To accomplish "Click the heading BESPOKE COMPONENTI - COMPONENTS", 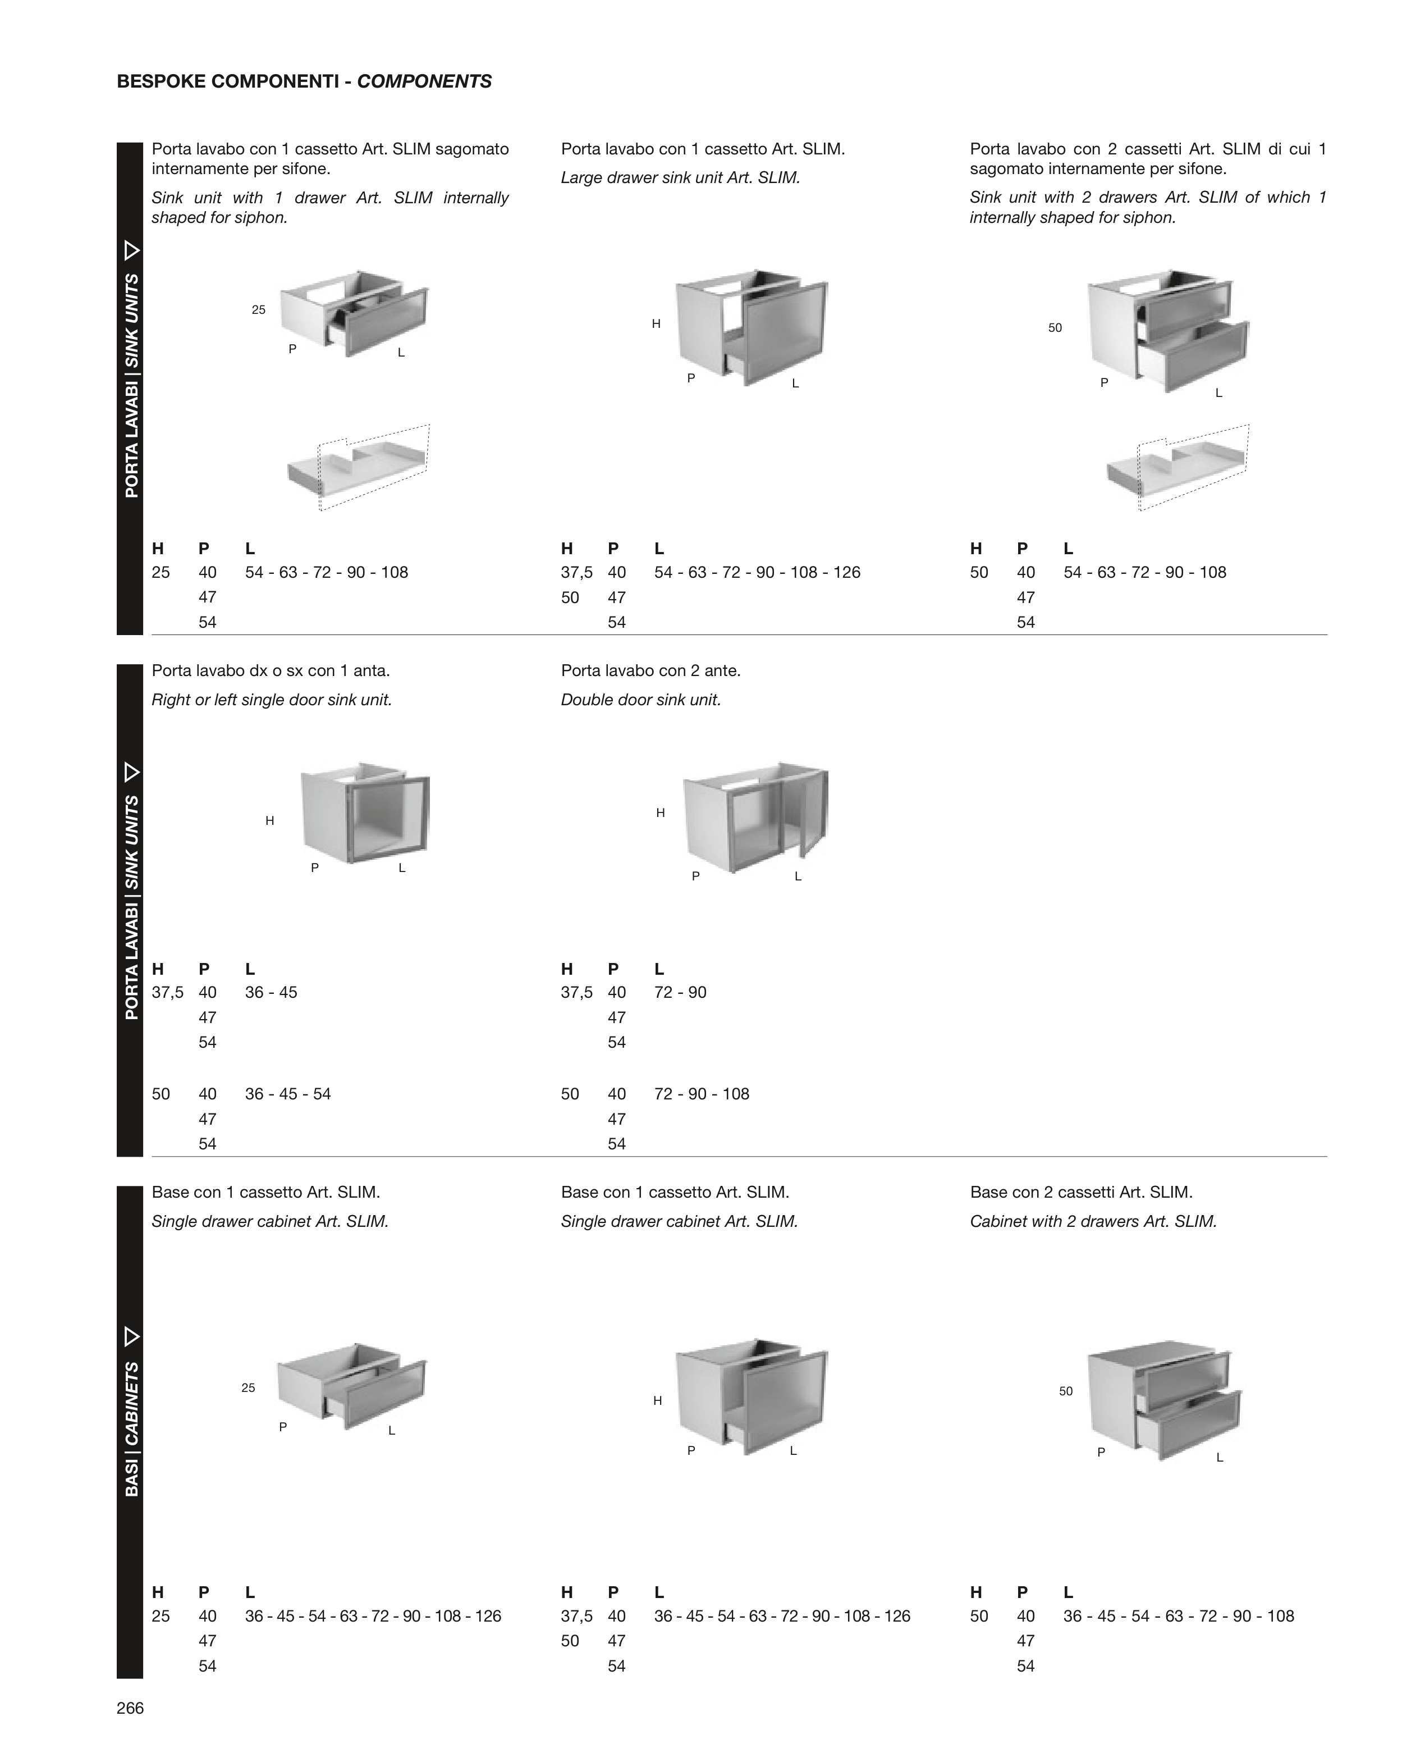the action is click(304, 81).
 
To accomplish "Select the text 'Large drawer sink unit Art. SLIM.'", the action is click(680, 178).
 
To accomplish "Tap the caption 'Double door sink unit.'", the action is click(640, 700).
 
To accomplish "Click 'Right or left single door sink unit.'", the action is click(272, 700).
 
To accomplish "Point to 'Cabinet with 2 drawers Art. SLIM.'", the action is click(1093, 1221).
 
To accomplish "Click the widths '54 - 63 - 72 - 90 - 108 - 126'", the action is click(757, 572).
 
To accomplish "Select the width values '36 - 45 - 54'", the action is click(288, 1094).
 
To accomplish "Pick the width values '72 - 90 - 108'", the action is click(702, 1094).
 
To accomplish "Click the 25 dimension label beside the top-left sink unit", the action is click(259, 310).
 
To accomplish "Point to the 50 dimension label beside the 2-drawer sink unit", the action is click(1055, 328).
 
